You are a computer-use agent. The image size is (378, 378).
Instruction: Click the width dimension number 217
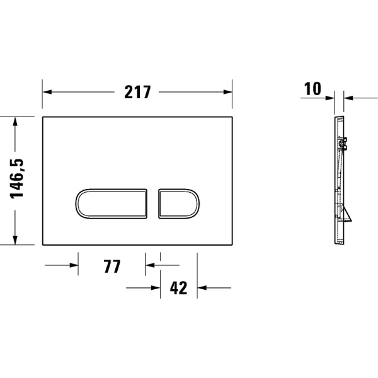(x=137, y=92)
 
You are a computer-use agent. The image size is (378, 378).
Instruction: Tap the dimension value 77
(x=112, y=266)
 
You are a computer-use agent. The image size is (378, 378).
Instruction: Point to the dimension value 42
(x=179, y=289)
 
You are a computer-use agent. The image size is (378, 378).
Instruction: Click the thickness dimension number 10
(x=312, y=89)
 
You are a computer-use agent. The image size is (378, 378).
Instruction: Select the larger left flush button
(x=113, y=203)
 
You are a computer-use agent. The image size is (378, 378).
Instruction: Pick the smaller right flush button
(x=178, y=203)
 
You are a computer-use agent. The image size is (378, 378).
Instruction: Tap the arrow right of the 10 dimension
(x=349, y=98)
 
